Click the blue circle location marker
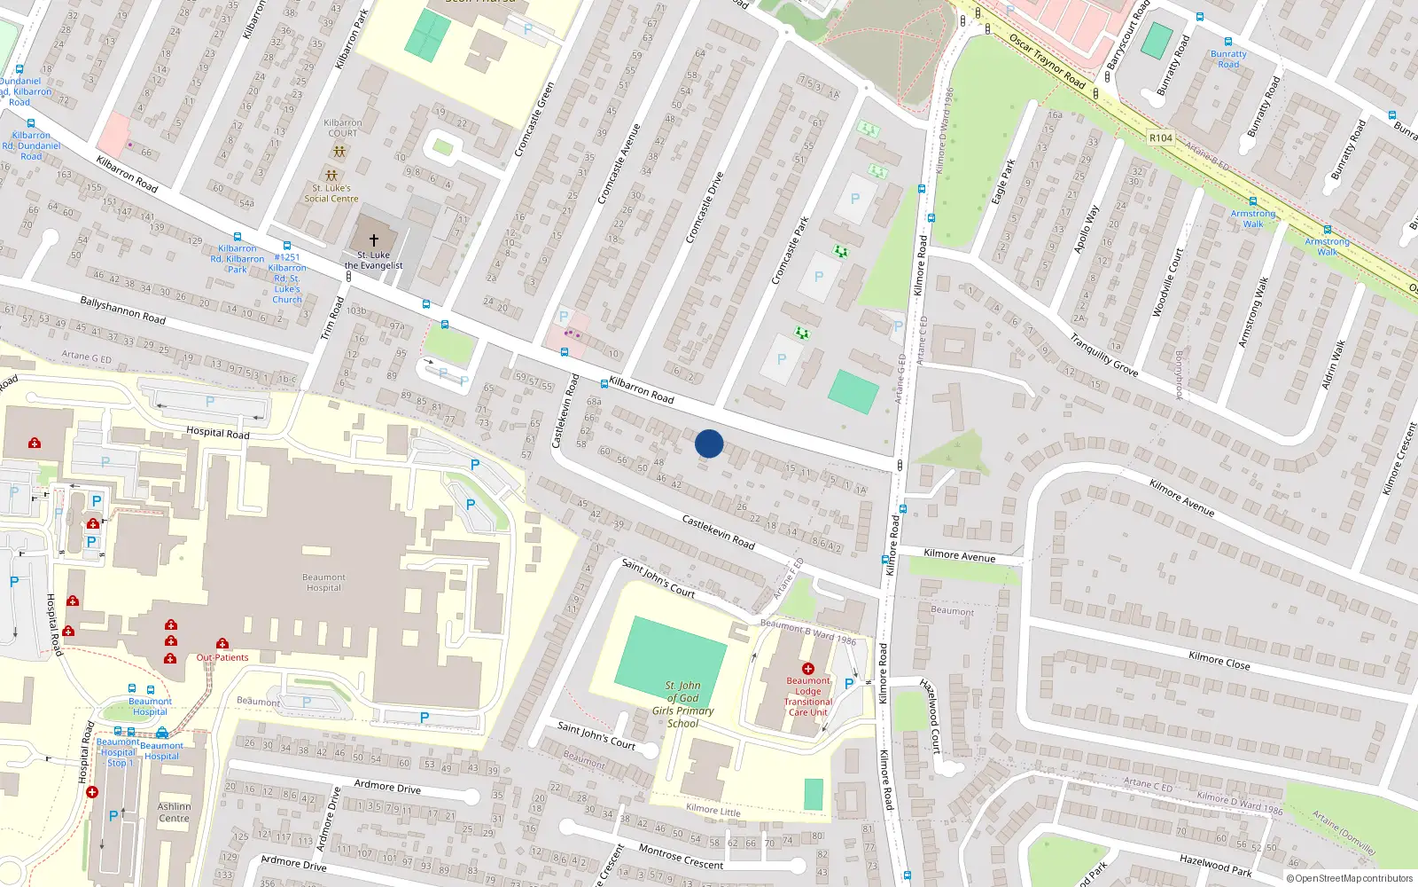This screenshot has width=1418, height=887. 709,443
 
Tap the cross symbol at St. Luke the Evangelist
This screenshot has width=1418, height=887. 373,240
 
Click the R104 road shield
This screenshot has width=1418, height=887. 1160,138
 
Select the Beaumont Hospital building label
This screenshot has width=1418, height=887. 323,583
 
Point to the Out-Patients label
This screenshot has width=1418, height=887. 222,657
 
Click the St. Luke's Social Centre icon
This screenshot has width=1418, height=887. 331,176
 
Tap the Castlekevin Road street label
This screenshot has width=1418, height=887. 718,531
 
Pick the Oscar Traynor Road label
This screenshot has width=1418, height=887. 1047,61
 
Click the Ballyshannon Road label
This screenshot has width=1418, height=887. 122,310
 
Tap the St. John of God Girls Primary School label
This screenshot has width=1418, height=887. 682,704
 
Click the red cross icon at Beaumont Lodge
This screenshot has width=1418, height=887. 807,668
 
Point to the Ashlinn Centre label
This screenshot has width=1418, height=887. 174,812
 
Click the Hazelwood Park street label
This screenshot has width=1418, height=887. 1215,866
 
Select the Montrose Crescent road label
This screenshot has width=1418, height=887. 681,857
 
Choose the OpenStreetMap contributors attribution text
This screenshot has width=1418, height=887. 1353,879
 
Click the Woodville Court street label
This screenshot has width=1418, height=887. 1167,283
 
